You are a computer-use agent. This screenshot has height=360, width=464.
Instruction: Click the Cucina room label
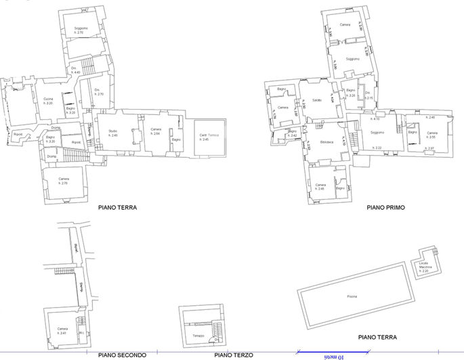48,101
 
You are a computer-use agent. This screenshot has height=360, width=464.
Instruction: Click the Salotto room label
316,101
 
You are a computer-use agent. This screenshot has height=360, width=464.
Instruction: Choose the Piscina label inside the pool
352,297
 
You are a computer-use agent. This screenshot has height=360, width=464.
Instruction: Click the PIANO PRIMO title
385,208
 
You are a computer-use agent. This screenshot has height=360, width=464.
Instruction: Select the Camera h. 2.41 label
62,331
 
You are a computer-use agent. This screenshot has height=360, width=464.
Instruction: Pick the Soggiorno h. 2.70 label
79,30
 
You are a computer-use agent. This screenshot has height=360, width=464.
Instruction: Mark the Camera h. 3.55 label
432,135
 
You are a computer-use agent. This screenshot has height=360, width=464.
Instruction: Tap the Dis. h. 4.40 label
76,70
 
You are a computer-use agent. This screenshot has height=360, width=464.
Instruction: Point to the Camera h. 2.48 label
321,187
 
